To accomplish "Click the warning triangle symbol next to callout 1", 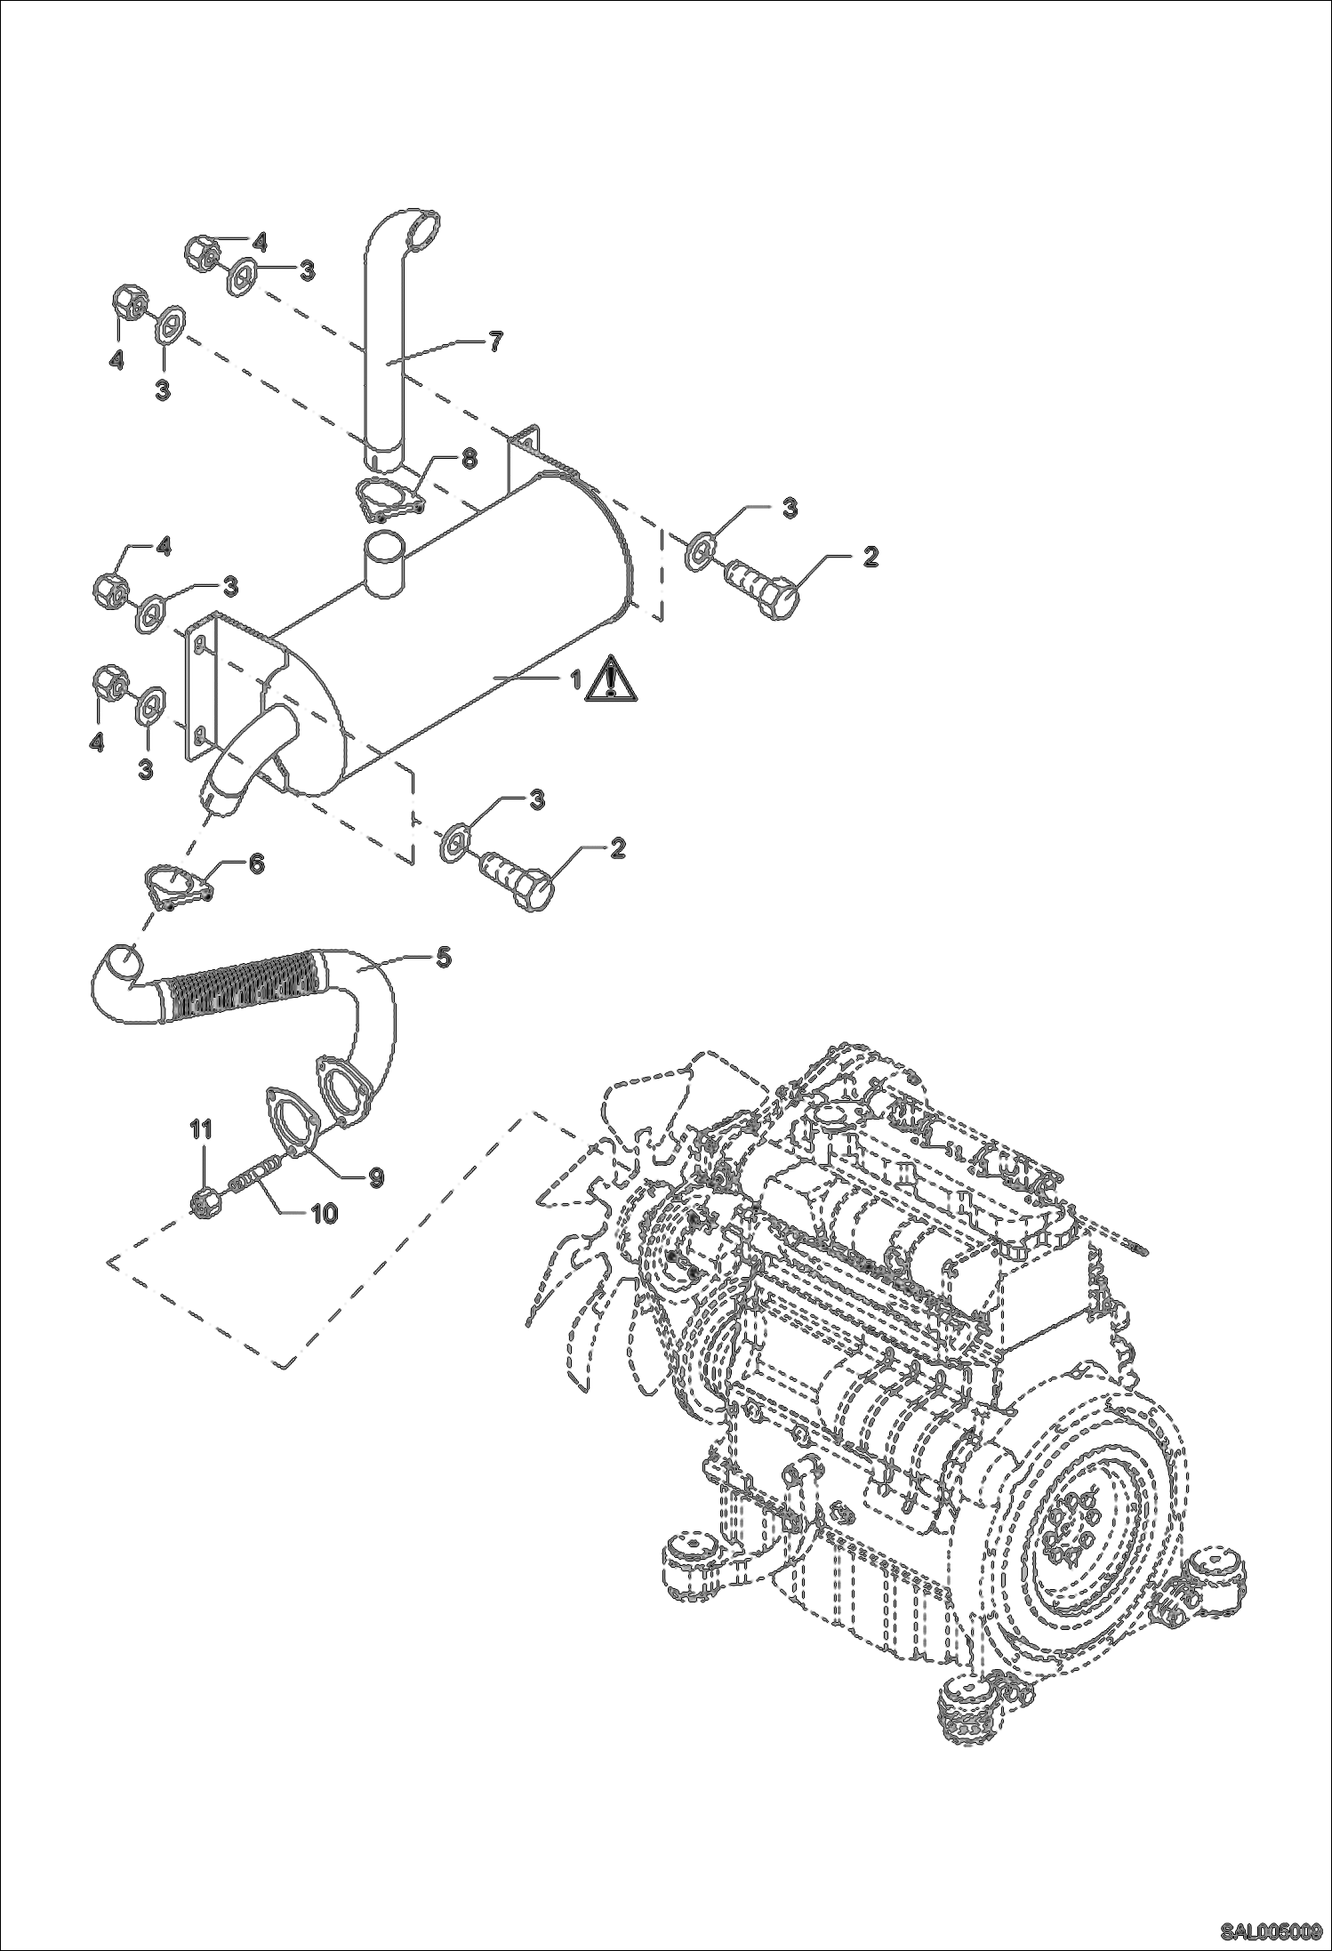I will click(609, 680).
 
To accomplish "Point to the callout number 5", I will click(443, 959).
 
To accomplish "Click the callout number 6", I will click(255, 863).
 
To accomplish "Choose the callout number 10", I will click(323, 1213).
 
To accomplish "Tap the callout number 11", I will click(203, 1131).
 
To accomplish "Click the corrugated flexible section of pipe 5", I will click(240, 987).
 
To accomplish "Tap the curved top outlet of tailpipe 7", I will click(418, 228).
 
